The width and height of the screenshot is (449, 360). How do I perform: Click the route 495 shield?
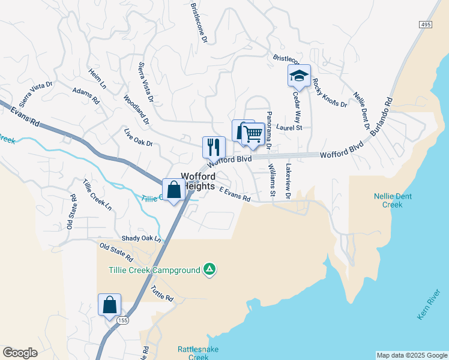[426, 23]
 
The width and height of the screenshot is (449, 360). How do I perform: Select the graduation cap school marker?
[299, 76]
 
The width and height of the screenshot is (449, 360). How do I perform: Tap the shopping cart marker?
[253, 135]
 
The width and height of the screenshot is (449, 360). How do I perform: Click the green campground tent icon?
[209, 270]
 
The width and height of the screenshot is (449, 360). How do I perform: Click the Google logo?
[20, 353]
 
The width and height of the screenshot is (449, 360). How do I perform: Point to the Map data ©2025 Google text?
[411, 355]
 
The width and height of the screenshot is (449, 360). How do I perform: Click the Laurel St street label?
[290, 127]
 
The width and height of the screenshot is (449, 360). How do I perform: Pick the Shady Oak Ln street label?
[142, 238]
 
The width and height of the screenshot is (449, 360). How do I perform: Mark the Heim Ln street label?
[97, 78]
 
